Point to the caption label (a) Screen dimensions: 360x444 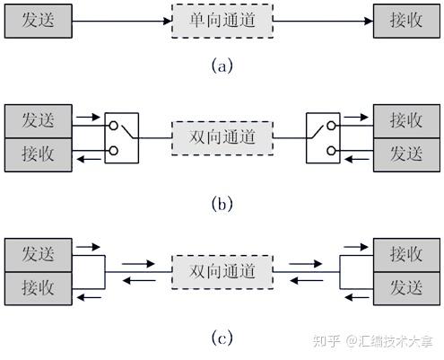222,66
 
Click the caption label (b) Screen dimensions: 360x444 222,204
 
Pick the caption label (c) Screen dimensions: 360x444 222,338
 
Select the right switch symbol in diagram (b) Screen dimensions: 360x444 324,137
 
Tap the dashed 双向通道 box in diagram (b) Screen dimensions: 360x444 222,137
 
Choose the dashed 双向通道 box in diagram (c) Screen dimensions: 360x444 222,270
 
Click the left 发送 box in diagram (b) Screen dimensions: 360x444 37,120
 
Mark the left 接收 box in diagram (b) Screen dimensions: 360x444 37,154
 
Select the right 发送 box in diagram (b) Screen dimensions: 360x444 405,154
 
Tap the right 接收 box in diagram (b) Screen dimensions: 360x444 405,120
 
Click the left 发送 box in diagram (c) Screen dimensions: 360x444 37,253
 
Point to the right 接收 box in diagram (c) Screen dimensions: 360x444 405,253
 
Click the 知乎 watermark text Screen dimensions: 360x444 325,341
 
